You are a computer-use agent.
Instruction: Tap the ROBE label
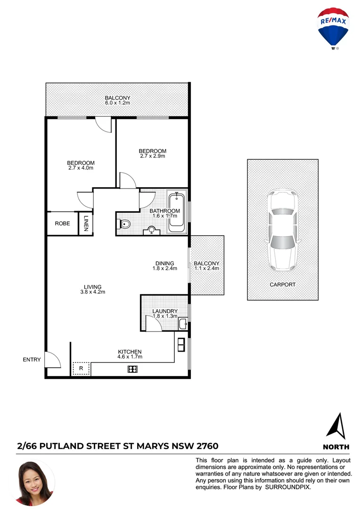coord(62,223)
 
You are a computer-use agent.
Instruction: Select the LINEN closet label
coord(86,223)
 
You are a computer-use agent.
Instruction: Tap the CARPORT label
coord(282,285)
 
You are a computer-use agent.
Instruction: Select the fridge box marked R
coord(81,368)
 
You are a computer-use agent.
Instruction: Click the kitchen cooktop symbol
coord(132,369)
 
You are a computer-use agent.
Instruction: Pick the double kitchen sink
coord(180,345)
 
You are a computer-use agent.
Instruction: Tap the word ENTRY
coord(32,360)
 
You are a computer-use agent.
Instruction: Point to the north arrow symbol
coord(336,426)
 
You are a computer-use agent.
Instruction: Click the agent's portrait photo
coord(35,483)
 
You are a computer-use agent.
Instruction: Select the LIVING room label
coord(93,287)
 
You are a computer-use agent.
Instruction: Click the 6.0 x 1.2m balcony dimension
coord(118,103)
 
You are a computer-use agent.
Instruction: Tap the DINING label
coord(164,263)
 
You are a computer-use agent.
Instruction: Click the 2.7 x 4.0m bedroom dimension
coord(81,168)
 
